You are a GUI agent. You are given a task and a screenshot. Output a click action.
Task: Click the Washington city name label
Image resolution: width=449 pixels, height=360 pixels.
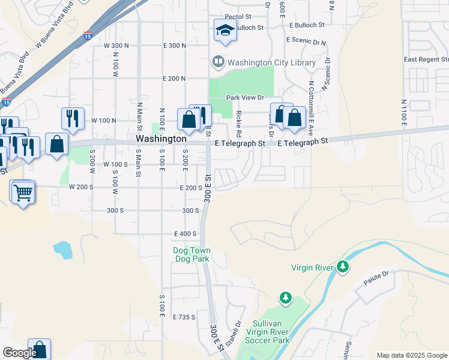point(161,139)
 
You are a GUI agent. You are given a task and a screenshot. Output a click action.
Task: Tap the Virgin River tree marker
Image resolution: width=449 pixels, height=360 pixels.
point(342,266)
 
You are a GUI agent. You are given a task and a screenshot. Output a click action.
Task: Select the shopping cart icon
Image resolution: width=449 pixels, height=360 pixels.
point(23,192)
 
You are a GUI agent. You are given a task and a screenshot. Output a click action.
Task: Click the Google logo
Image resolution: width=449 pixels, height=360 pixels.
point(20,353)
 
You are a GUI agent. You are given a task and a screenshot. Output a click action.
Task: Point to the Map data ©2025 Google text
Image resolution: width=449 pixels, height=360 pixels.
point(412,355)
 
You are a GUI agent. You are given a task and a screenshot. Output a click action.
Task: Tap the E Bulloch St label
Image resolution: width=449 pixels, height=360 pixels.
point(306,25)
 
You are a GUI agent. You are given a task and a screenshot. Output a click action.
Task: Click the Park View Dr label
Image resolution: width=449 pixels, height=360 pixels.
point(245,97)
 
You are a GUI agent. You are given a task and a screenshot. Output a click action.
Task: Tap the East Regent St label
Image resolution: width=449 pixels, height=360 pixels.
point(426,59)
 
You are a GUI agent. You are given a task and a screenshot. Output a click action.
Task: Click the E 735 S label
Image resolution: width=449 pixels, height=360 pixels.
point(184,317)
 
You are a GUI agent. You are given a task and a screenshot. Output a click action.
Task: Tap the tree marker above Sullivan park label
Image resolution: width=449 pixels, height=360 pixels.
point(286,298)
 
